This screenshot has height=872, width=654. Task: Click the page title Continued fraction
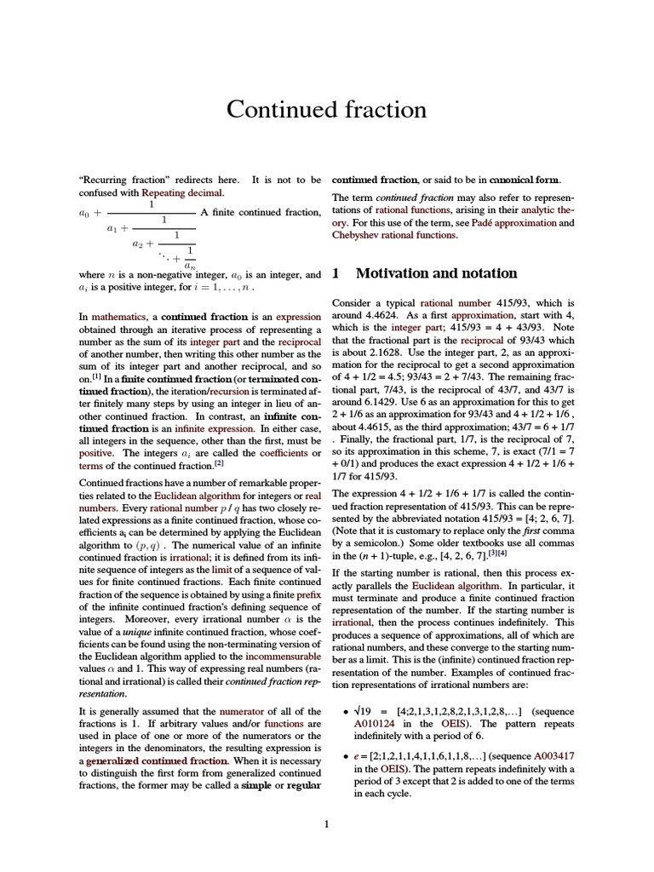click(326, 109)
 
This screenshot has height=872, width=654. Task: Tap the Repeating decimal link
click(158, 192)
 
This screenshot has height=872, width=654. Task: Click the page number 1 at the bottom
click(327, 823)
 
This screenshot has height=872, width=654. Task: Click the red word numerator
click(243, 710)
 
